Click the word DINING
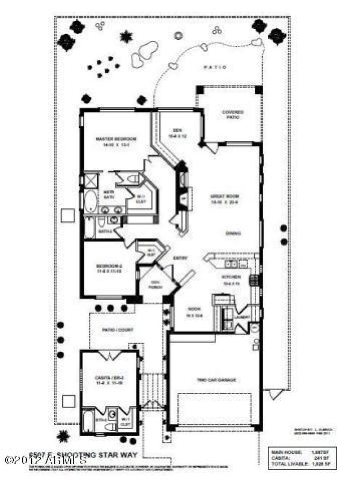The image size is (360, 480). click(x=233, y=233)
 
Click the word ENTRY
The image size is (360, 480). click(x=180, y=258)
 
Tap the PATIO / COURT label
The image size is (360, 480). click(x=117, y=330)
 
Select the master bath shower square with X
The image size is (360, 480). click(x=91, y=181)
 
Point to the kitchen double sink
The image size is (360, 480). click(x=231, y=264)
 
